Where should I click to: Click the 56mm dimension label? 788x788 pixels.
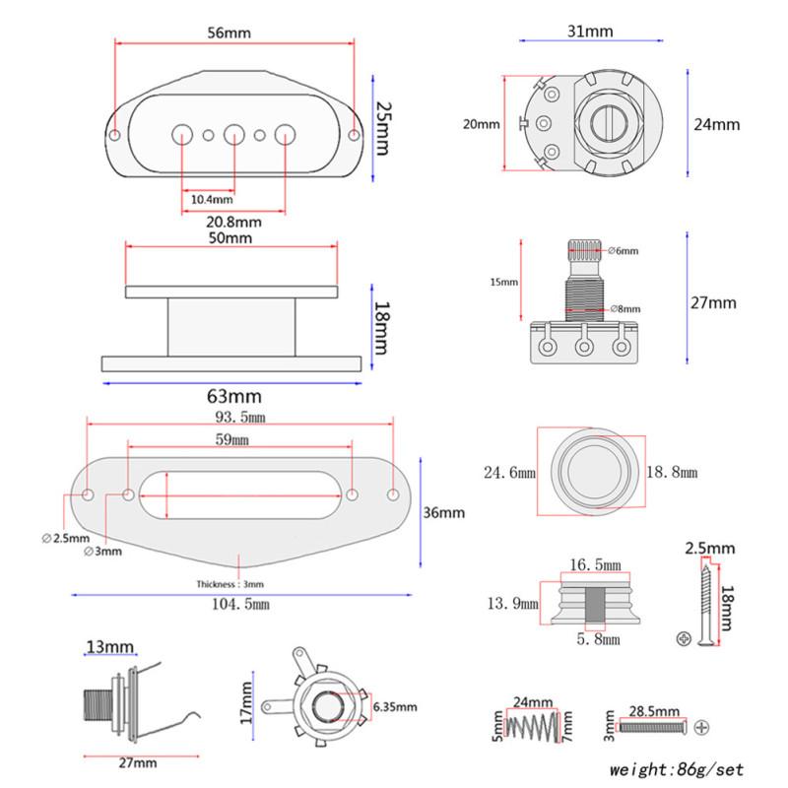[x=230, y=33]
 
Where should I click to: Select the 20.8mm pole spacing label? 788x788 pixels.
[x=233, y=222]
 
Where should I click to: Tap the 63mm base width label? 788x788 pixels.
[x=233, y=396]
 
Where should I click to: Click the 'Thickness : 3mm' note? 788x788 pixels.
[x=230, y=584]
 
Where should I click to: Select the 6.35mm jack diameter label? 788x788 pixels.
[x=395, y=707]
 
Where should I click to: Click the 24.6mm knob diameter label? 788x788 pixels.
[x=509, y=473]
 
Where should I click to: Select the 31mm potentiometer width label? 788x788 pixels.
[x=591, y=32]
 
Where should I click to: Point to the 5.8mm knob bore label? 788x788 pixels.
[x=599, y=639]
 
